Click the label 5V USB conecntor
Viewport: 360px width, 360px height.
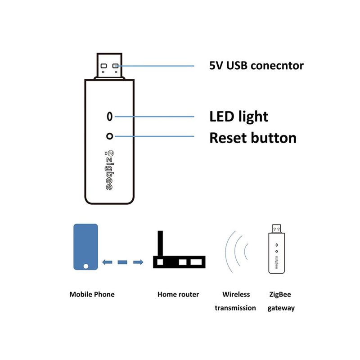(256, 66)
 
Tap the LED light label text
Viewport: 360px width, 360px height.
(238, 117)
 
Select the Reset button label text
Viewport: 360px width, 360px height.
(253, 137)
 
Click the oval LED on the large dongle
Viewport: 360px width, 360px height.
(108, 117)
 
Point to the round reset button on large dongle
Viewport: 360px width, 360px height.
(108, 135)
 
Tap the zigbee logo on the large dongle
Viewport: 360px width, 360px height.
(108, 171)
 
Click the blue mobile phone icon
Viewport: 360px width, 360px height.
(85, 247)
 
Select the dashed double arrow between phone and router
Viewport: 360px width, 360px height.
(122, 262)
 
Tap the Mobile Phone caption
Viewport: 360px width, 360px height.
(92, 294)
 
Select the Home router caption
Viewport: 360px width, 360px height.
(178, 294)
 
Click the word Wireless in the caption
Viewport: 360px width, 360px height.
(236, 294)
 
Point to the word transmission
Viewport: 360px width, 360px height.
(235, 308)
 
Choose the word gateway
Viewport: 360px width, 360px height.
(281, 308)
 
